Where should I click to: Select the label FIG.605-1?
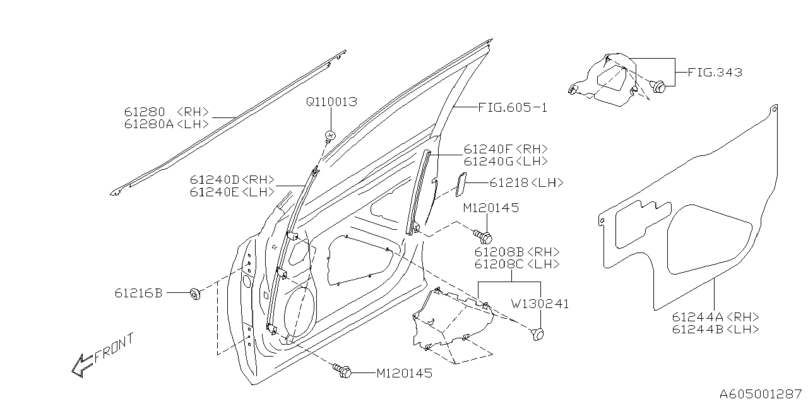(x=512, y=108)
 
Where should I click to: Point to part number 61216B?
(x=139, y=293)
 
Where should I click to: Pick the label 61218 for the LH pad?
(x=526, y=183)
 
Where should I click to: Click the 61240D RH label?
(x=232, y=180)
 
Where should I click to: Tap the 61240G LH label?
(x=505, y=161)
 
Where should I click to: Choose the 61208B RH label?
(x=516, y=252)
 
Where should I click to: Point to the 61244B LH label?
(x=715, y=330)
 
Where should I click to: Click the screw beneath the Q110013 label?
(x=330, y=134)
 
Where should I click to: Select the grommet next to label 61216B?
(x=195, y=294)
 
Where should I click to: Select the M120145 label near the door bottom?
(x=404, y=374)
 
